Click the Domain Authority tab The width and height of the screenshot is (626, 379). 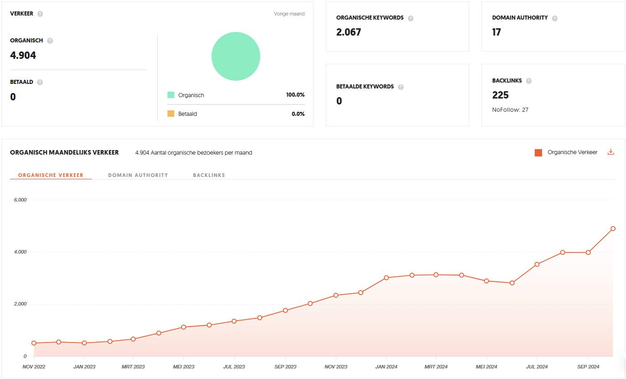(x=138, y=175)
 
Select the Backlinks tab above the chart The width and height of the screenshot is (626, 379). (x=209, y=175)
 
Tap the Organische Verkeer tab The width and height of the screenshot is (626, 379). (x=51, y=175)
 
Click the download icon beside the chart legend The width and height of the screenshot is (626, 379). (x=610, y=152)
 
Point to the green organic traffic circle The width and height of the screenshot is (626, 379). (x=236, y=57)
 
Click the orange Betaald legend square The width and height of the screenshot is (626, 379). (x=171, y=114)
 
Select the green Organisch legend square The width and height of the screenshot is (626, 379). (x=171, y=95)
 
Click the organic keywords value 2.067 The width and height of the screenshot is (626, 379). (x=349, y=32)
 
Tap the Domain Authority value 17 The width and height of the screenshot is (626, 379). (x=496, y=32)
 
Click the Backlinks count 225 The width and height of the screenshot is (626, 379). (x=500, y=95)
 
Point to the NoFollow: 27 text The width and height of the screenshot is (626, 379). (x=510, y=110)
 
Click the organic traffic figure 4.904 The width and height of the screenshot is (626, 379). (x=23, y=55)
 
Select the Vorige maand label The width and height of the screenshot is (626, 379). (x=289, y=14)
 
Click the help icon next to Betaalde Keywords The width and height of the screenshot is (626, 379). (x=401, y=87)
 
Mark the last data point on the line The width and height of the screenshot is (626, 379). (x=613, y=228)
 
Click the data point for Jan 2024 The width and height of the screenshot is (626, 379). (x=386, y=278)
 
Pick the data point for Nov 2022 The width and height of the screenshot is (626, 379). (x=34, y=343)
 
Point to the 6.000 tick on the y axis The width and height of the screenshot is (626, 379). (x=20, y=200)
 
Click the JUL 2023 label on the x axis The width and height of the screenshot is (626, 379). (x=234, y=367)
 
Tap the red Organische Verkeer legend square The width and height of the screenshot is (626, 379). (x=538, y=152)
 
